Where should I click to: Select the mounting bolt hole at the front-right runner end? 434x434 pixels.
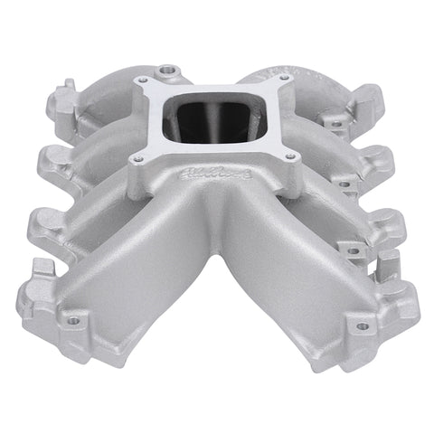click(363, 325)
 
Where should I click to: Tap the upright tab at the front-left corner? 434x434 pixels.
click(43, 275)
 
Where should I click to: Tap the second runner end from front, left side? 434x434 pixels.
click(47, 225)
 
